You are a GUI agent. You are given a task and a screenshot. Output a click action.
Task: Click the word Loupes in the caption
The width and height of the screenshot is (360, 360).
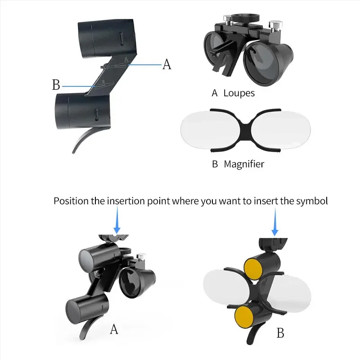coord(239,93)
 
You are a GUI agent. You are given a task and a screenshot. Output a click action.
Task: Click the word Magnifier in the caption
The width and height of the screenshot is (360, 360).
coord(244,164)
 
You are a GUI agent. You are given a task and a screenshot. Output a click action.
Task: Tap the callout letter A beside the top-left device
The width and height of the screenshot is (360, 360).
coord(166,64)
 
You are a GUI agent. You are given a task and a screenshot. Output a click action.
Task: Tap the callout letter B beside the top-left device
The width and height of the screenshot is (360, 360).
coord(56,85)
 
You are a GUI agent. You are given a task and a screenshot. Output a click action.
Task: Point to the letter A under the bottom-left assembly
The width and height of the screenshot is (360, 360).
coord(114,329)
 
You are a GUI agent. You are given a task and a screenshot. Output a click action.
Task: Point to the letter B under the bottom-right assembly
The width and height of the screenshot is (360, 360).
coord(280,333)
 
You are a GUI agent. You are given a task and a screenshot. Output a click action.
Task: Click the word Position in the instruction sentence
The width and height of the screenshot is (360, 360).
coord(71,201)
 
